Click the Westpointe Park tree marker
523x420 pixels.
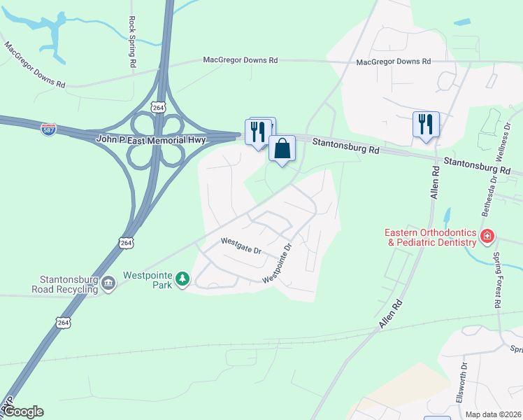pos(182,280)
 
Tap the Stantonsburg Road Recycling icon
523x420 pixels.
pos(108,283)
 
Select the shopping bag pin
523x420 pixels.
pos(282,149)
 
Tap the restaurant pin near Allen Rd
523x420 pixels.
pos(426,125)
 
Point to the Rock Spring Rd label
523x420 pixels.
pos(132,43)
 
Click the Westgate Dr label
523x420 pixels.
pos(241,246)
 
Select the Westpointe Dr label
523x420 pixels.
pos(277,262)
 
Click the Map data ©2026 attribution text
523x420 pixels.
pos(494,414)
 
